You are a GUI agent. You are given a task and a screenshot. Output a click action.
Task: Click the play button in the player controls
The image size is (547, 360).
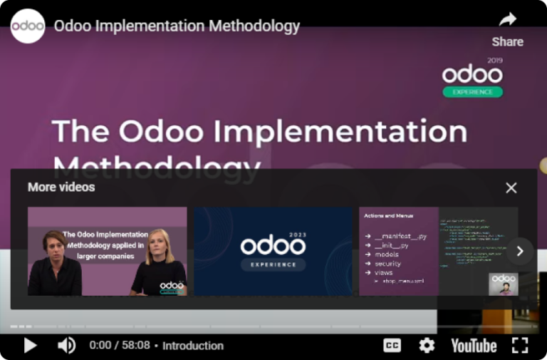(30, 346)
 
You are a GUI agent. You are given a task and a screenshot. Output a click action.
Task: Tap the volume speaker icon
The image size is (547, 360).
(66, 346)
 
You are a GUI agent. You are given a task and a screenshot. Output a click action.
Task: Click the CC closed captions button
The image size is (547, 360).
(392, 346)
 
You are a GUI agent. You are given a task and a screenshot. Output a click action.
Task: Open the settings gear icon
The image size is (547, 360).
(427, 346)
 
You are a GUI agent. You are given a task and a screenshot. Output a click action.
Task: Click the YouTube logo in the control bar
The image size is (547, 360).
(474, 346)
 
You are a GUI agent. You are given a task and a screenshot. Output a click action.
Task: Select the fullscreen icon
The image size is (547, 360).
(520, 346)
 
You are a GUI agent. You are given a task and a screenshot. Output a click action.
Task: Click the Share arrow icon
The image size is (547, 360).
(507, 19)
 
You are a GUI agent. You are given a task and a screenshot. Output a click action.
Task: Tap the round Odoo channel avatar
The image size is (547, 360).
(28, 26)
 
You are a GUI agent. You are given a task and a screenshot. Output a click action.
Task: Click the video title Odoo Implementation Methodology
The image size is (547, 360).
(177, 26)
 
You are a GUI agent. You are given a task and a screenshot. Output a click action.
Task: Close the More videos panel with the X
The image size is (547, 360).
(511, 187)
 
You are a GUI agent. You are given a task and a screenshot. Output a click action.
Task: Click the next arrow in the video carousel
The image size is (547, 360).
(520, 251)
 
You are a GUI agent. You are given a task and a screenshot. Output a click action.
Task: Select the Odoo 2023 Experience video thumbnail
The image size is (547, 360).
(273, 251)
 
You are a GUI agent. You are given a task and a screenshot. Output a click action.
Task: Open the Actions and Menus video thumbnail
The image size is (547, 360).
(438, 251)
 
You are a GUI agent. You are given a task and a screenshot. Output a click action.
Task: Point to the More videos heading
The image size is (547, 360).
(61, 187)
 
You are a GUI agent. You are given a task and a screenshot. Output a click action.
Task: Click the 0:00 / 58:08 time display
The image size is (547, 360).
(120, 346)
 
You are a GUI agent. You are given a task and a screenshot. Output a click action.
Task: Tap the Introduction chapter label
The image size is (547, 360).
(192, 346)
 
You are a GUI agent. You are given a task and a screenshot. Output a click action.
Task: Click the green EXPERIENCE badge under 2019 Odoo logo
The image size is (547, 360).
(472, 92)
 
